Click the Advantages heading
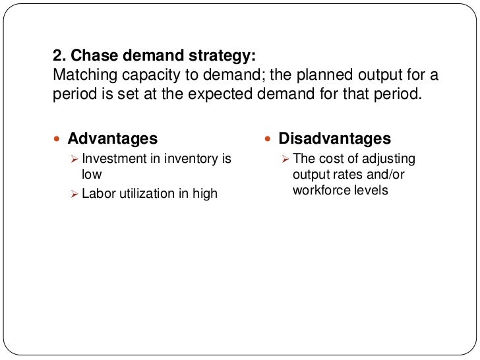click(x=113, y=138)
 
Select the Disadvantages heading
click(x=335, y=138)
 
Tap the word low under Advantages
click(x=91, y=175)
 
